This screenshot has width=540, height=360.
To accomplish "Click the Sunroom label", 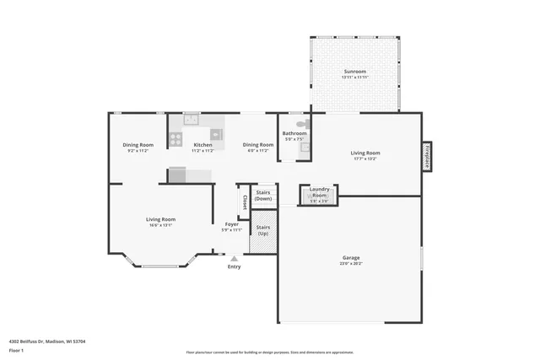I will (354, 72).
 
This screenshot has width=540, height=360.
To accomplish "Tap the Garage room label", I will (351, 258).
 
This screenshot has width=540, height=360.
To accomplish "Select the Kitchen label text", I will (203, 145).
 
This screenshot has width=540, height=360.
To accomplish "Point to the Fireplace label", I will (427, 156).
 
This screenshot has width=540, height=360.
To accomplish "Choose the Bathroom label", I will (294, 133).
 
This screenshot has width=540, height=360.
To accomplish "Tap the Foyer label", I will (231, 224).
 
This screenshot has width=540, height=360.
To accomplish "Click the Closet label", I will (245, 202).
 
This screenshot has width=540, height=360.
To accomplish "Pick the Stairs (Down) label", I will (263, 195).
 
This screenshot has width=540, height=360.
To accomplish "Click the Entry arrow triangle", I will (235, 258).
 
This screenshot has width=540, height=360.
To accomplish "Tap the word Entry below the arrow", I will (235, 267).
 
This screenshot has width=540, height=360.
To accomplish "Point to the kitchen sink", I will (192, 120).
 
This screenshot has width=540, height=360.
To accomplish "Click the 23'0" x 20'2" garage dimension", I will (351, 264).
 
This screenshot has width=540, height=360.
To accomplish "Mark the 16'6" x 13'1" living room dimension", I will (160, 225).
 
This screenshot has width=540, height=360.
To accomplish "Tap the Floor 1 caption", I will (16, 350).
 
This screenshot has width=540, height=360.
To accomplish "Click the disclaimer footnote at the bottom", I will (270, 352).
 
